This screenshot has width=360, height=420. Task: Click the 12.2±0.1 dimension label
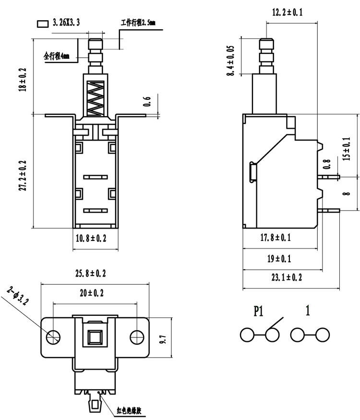click(287, 12)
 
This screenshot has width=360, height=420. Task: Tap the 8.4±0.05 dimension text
click(230, 60)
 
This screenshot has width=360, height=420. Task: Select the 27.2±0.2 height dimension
click(23, 176)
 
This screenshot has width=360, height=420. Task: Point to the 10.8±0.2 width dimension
click(91, 238)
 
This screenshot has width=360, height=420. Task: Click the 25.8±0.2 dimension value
click(91, 273)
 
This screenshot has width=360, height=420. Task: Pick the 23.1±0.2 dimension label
click(287, 277)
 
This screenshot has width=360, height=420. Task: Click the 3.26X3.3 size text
click(66, 23)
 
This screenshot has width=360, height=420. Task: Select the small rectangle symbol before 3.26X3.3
click(42, 24)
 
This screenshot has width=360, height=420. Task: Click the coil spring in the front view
click(96, 98)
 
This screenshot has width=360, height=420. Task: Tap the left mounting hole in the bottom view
click(53, 337)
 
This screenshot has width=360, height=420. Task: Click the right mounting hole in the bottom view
click(137, 337)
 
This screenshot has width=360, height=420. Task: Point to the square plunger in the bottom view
click(95, 337)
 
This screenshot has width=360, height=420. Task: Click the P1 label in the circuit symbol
click(259, 311)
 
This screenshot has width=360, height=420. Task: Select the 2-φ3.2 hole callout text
click(18, 296)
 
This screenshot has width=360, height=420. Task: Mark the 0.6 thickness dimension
click(147, 102)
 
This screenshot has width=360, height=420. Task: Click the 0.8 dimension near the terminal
click(327, 164)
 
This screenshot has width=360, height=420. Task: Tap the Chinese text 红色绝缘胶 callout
click(129, 410)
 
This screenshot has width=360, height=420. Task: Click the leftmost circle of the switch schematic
click(247, 335)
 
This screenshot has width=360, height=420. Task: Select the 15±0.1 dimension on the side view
click(347, 149)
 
